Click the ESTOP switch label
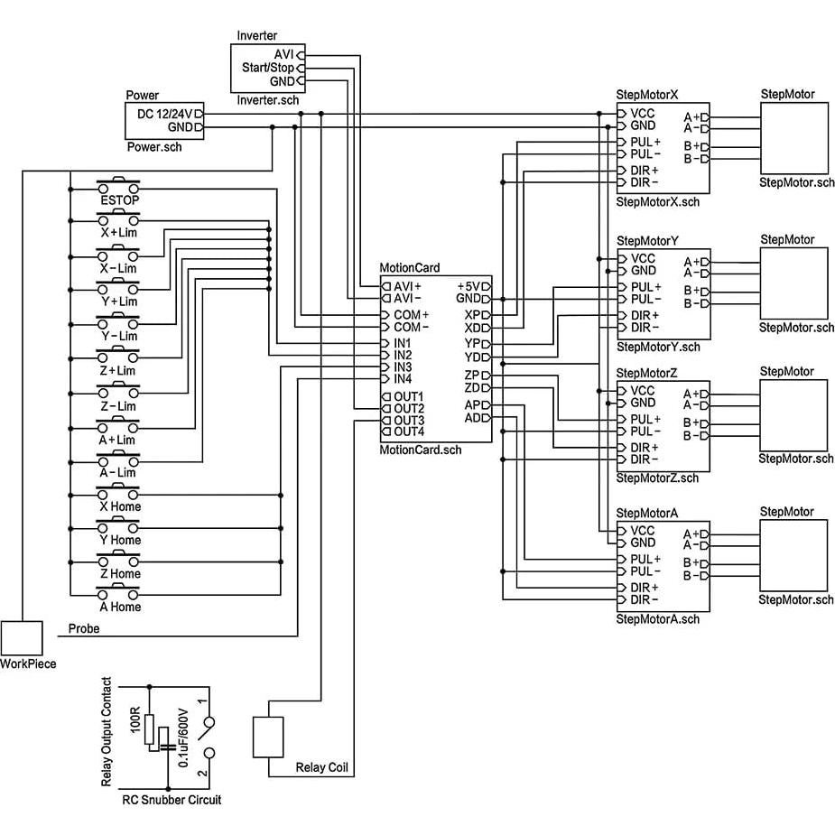pyautogui.click(x=119, y=200)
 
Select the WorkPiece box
pyautogui.click(x=22, y=639)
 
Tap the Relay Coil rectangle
pyautogui.click(x=268, y=737)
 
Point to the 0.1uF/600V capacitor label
pyautogui.click(x=183, y=738)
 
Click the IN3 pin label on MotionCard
pyautogui.click(x=403, y=367)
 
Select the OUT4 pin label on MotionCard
pyautogui.click(x=409, y=431)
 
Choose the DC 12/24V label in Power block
pyautogui.click(x=164, y=114)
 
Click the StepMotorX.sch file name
pyautogui.click(x=657, y=202)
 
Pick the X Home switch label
pyautogui.click(x=120, y=506)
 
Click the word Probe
pyautogui.click(x=84, y=628)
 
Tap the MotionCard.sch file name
pyautogui.click(x=420, y=450)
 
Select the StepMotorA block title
pyautogui.click(x=646, y=513)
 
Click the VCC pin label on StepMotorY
pyautogui.click(x=643, y=258)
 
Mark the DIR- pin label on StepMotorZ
pyautogui.click(x=645, y=459)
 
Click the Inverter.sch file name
pyautogui.click(x=267, y=100)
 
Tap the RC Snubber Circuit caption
pyautogui.click(x=172, y=800)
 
